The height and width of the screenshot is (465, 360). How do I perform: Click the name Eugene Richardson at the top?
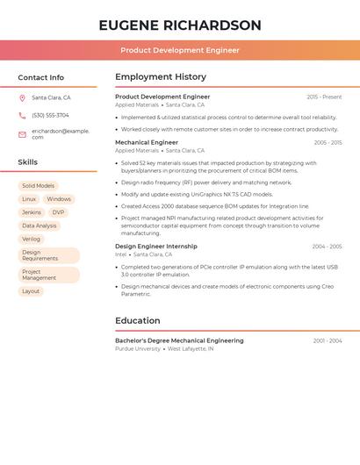pyautogui.click(x=180, y=25)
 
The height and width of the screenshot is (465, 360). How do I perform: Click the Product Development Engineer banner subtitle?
pyautogui.click(x=180, y=50)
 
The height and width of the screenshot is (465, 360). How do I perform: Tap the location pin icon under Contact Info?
pyautogui.click(x=22, y=97)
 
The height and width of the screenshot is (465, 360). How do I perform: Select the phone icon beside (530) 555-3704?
pyautogui.click(x=22, y=115)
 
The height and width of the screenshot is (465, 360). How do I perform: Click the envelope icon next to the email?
pyautogui.click(x=22, y=133)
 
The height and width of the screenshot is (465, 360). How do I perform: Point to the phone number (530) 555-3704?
pyautogui.click(x=50, y=115)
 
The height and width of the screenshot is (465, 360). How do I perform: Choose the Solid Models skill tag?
pyautogui.click(x=38, y=186)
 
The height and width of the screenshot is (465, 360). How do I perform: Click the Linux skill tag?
pyautogui.click(x=29, y=199)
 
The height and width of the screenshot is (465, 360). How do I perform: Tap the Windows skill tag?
pyautogui.click(x=59, y=199)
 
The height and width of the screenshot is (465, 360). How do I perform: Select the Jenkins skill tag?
pyautogui.click(x=32, y=212)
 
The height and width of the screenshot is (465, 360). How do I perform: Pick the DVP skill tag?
pyautogui.click(x=58, y=212)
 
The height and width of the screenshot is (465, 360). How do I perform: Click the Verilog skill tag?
pyautogui.click(x=32, y=239)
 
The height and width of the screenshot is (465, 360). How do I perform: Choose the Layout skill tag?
pyautogui.click(x=31, y=291)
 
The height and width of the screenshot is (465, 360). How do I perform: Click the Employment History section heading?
pyautogui.click(x=161, y=77)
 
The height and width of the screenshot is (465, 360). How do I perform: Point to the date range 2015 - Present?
pyautogui.click(x=324, y=97)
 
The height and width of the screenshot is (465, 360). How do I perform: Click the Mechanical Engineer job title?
pyautogui.click(x=147, y=142)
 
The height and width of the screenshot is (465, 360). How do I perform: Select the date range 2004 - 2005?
pyautogui.click(x=327, y=247)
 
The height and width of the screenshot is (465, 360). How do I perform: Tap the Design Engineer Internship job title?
pyautogui.click(x=156, y=247)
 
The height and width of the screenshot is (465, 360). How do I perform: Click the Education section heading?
pyautogui.click(x=138, y=321)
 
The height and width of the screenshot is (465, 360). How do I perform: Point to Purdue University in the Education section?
pyautogui.click(x=138, y=348)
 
